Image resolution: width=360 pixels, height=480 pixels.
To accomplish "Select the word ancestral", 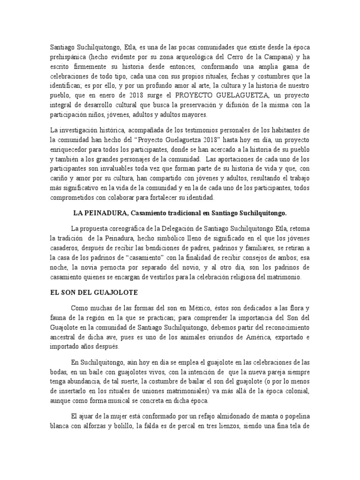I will (x=67, y=337).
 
